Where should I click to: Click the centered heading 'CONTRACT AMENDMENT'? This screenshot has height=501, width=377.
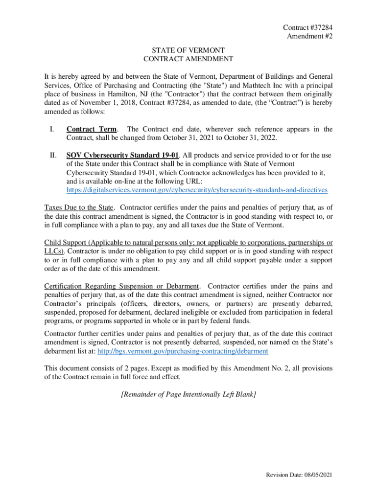[x=188, y=59]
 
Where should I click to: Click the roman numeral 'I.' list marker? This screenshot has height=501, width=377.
[x=51, y=129]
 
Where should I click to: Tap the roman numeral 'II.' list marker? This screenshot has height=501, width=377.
[x=52, y=156]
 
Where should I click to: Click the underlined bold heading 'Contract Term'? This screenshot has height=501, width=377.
[x=92, y=129]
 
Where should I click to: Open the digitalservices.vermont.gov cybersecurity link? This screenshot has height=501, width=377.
[x=197, y=190]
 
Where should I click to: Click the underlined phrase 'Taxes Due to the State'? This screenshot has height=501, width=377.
[x=79, y=207]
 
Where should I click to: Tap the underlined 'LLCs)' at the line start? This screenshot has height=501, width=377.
[x=53, y=251]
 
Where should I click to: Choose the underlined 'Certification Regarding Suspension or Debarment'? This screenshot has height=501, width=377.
[x=121, y=286]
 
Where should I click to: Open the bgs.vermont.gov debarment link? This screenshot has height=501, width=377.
[x=183, y=351]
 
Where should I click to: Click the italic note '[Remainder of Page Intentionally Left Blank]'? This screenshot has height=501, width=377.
[x=188, y=394]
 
